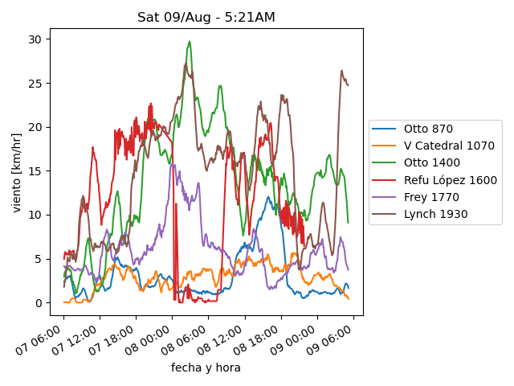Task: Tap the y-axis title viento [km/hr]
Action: click(17, 172)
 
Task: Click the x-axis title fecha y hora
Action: click(206, 368)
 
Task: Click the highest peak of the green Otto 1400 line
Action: click(190, 42)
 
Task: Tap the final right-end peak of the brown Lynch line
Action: click(341, 71)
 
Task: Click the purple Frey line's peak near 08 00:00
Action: click(172, 165)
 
